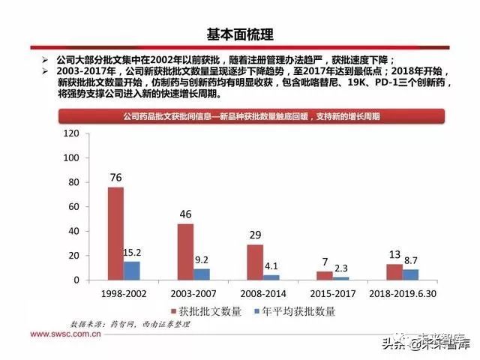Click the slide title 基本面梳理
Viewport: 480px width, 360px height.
pos(240,34)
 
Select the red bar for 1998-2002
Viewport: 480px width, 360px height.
pos(115,233)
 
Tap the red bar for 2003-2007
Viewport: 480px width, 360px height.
pos(185,251)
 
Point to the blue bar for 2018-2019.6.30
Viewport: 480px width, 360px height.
pos(411,274)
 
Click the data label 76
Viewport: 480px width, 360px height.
pos(115,178)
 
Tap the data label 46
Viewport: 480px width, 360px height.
pos(185,214)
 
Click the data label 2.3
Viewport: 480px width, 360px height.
pos(341,268)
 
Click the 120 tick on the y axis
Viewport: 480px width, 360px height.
pos(72,133)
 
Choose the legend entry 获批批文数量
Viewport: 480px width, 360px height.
pos(207,310)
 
